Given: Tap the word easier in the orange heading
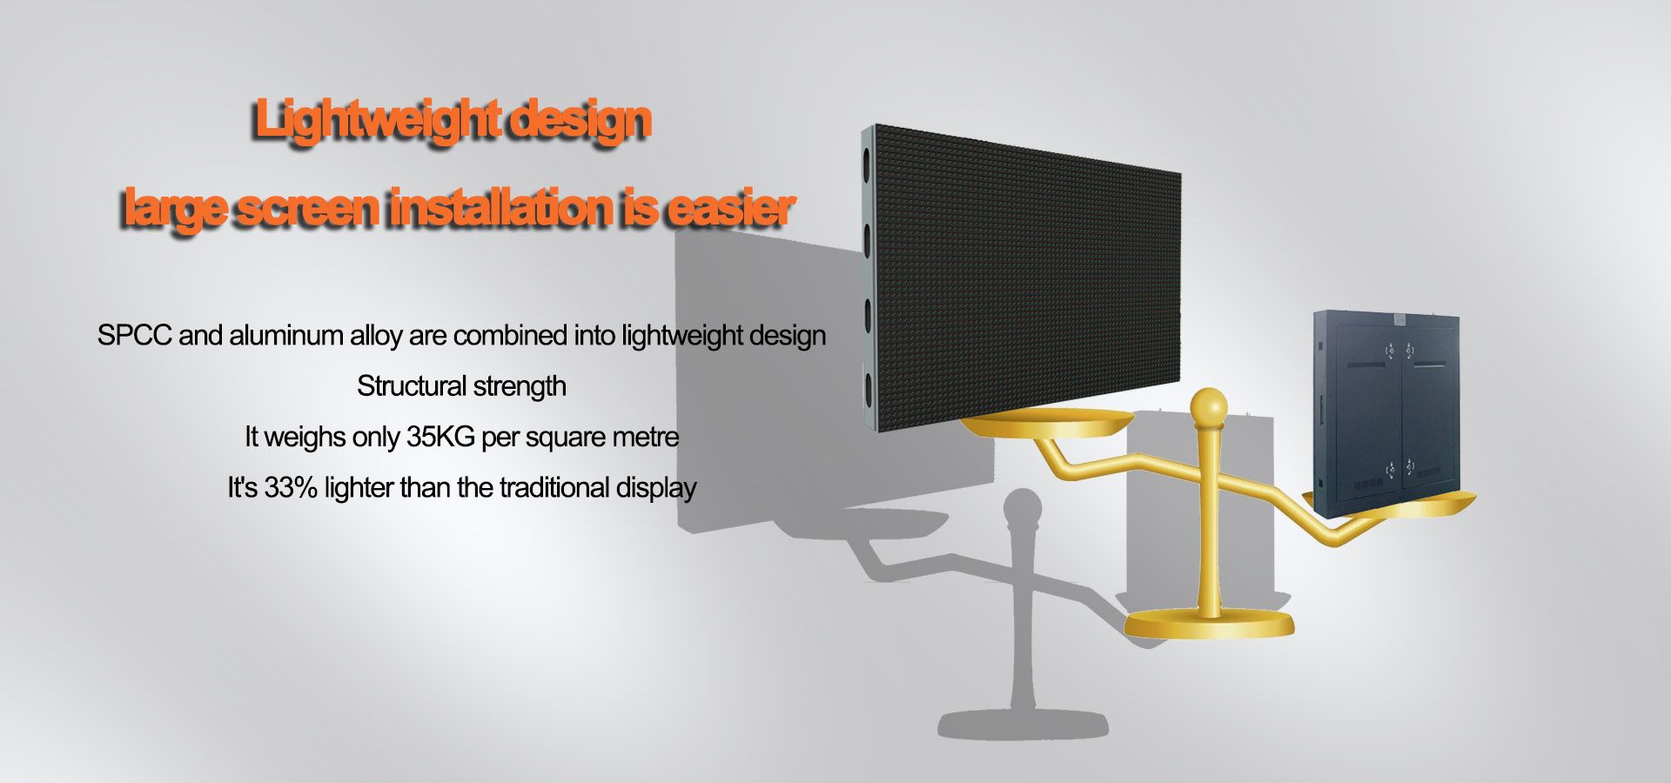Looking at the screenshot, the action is click(x=730, y=209).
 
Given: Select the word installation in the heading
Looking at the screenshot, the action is click(x=499, y=209).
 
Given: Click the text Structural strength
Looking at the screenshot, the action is click(x=461, y=386).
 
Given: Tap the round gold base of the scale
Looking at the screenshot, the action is click(x=1209, y=623).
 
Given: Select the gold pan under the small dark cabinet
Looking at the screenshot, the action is click(x=1392, y=504).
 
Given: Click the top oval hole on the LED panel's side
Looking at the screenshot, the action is click(x=868, y=163).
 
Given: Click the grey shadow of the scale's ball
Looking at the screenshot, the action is click(x=1022, y=508).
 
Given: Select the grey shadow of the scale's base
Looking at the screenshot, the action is click(x=1023, y=724).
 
